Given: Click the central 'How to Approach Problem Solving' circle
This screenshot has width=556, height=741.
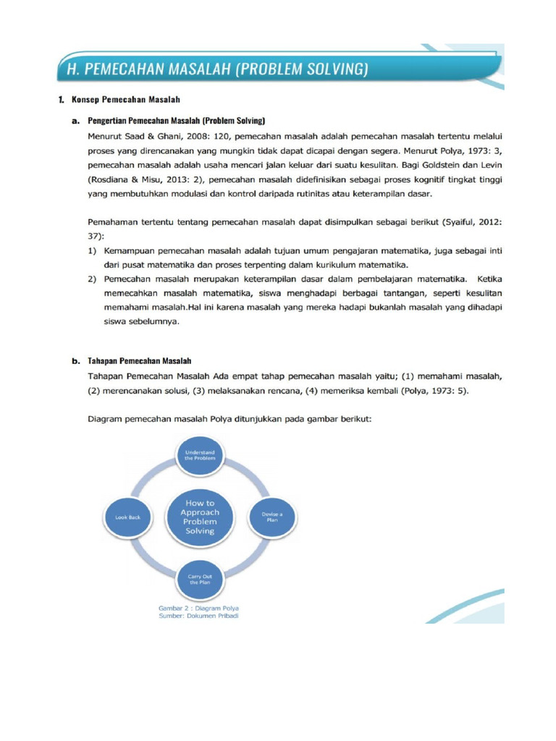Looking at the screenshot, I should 200,517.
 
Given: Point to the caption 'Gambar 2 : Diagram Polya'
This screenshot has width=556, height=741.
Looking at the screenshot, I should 199,609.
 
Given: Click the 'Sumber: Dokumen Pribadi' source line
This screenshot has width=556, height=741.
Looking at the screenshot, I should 199,617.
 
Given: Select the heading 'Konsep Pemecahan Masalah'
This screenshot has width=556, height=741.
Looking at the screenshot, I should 125,98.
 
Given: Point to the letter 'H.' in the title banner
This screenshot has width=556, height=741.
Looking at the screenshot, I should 72,69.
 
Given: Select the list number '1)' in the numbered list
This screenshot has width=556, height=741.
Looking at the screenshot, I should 93,250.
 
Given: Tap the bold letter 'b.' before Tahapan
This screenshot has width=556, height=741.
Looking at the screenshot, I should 75,360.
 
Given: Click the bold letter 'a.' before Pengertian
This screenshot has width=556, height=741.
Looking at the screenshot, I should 75,120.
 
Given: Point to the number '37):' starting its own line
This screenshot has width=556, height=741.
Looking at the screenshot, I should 96,235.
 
